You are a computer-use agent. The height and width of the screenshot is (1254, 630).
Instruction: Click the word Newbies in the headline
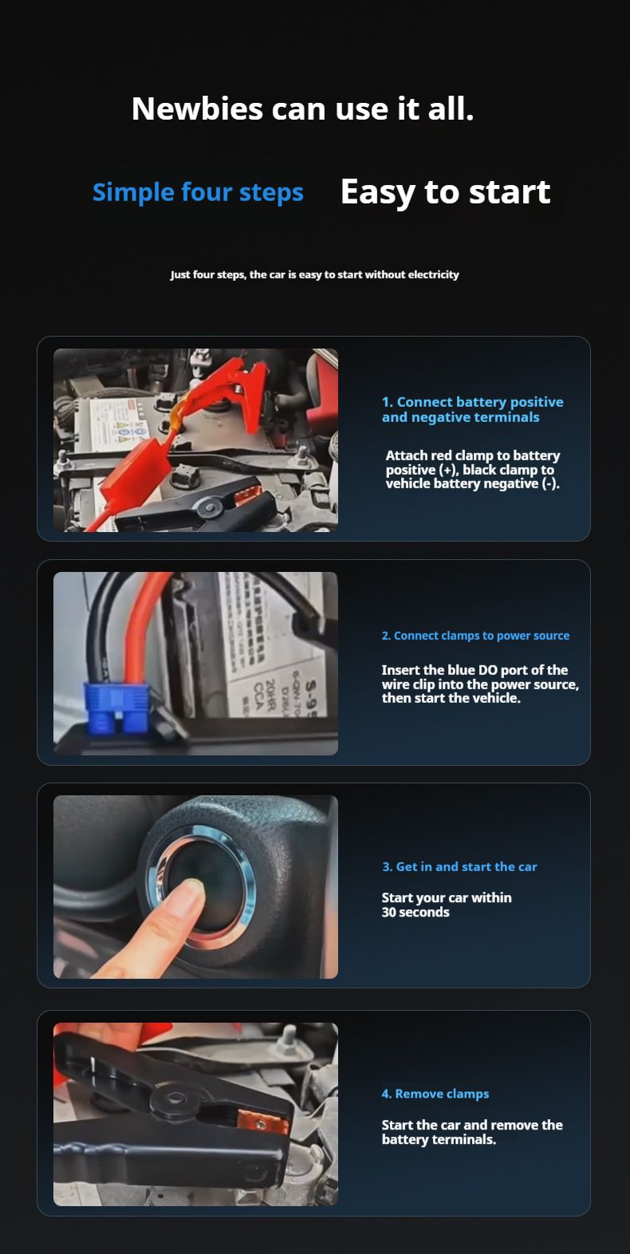pyautogui.click(x=197, y=108)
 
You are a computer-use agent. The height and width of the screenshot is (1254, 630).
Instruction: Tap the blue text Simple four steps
pyautogui.click(x=198, y=192)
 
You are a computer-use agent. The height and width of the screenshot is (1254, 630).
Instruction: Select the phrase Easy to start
pyautogui.click(x=445, y=193)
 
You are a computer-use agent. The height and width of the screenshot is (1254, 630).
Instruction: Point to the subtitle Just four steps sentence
pyautogui.click(x=314, y=275)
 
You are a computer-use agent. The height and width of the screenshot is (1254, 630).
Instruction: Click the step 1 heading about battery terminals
pyautogui.click(x=472, y=409)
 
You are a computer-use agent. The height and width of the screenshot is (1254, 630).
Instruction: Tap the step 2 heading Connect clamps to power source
pyautogui.click(x=475, y=636)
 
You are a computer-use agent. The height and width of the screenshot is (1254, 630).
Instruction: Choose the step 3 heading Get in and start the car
pyautogui.click(x=459, y=866)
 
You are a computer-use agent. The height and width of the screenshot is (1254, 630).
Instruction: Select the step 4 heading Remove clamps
pyautogui.click(x=435, y=1094)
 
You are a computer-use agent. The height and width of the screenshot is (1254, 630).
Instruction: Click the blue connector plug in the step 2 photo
pyautogui.click(x=116, y=708)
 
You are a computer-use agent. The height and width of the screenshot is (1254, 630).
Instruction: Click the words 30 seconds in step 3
pyautogui.click(x=415, y=912)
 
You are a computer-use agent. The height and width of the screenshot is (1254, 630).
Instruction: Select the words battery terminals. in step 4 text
pyautogui.click(x=439, y=1139)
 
